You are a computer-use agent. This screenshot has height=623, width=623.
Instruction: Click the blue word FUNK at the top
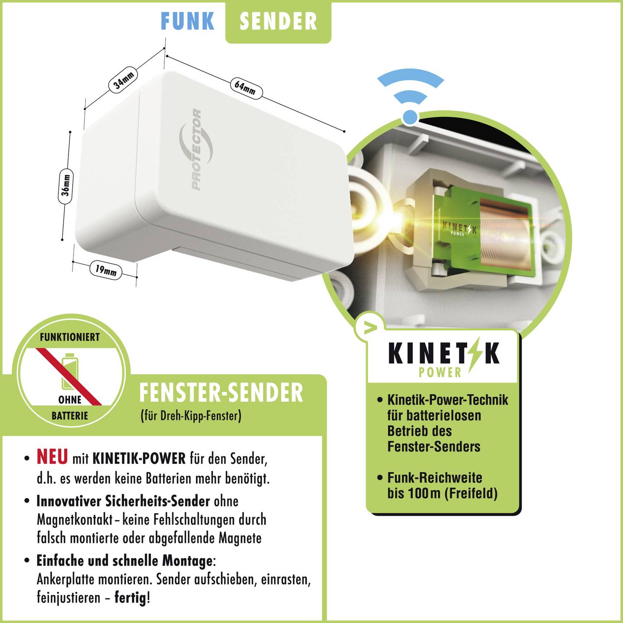(x=187, y=21)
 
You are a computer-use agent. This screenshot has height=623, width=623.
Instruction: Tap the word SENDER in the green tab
(x=278, y=21)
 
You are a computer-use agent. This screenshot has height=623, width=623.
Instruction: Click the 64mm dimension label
(x=246, y=88)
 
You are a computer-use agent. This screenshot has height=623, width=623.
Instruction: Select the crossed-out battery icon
(x=70, y=372)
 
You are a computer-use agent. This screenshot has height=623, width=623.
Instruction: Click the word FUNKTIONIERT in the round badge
(x=70, y=337)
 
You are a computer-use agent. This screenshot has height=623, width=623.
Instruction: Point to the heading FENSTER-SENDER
(x=221, y=393)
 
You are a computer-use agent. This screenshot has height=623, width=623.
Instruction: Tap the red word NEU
(x=52, y=457)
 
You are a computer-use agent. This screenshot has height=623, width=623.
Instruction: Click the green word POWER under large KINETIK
(x=440, y=372)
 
